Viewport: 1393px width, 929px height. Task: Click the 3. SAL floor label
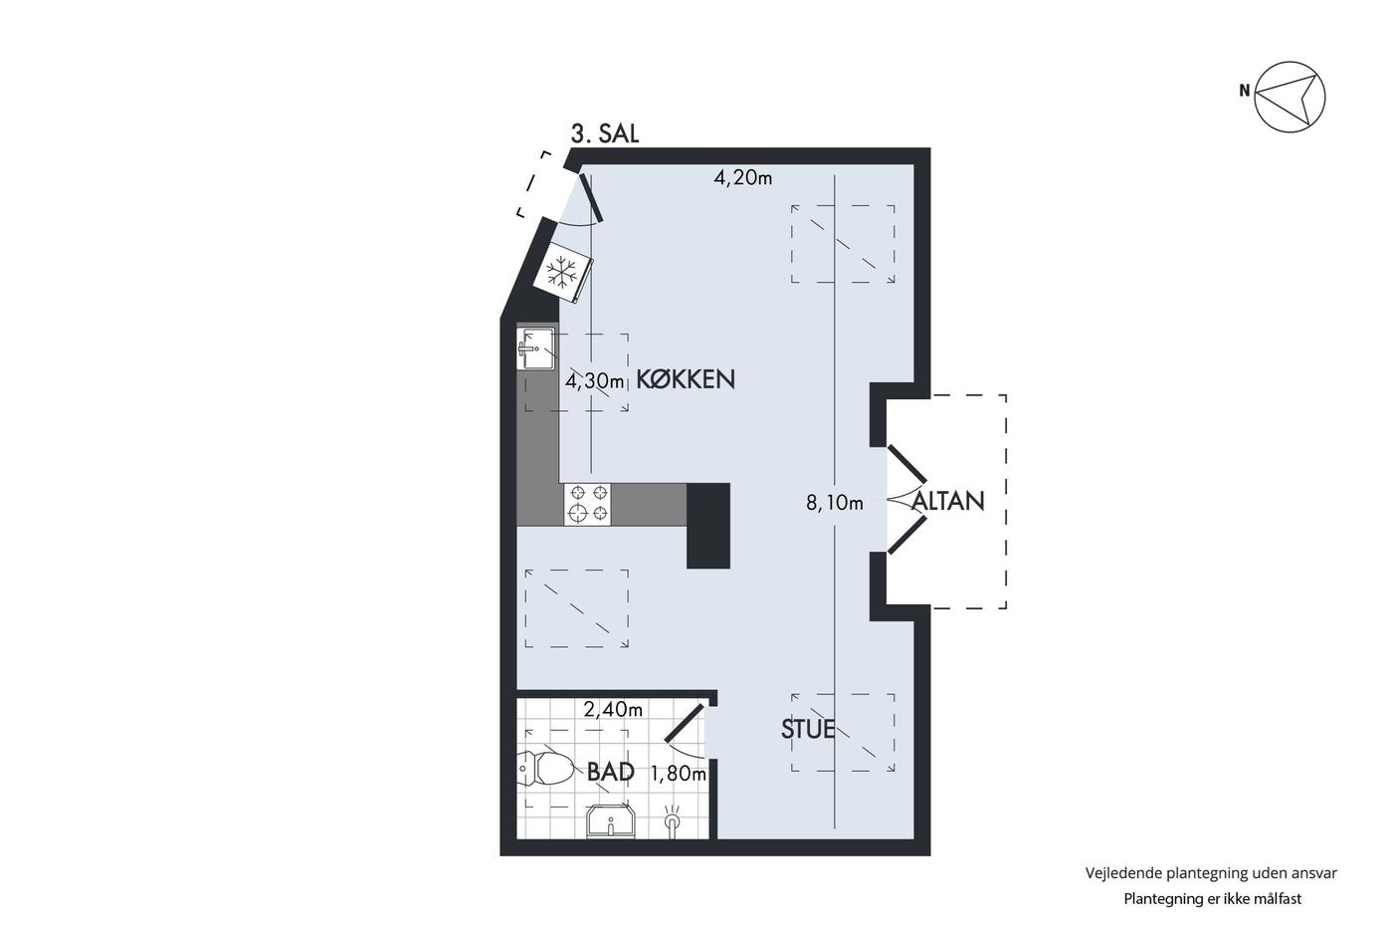tap(605, 134)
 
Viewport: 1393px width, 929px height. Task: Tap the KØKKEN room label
tap(686, 379)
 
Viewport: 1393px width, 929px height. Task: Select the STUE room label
tap(808, 729)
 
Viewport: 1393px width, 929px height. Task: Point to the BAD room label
tap(611, 773)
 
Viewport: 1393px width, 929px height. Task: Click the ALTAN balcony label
tap(947, 501)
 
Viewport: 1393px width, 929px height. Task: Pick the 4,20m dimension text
tap(742, 178)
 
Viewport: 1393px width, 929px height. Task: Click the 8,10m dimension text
tap(835, 503)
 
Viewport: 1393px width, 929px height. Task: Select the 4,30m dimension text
tap(594, 380)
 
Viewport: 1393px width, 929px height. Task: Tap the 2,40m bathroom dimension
tap(613, 709)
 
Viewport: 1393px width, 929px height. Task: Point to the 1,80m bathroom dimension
tap(679, 774)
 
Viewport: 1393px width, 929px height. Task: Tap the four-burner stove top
tap(588, 504)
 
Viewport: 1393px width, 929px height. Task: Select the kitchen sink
tap(536, 348)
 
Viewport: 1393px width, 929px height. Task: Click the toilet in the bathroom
tap(545, 769)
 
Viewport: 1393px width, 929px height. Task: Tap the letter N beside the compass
tap(1244, 91)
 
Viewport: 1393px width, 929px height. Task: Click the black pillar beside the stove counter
tap(708, 526)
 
